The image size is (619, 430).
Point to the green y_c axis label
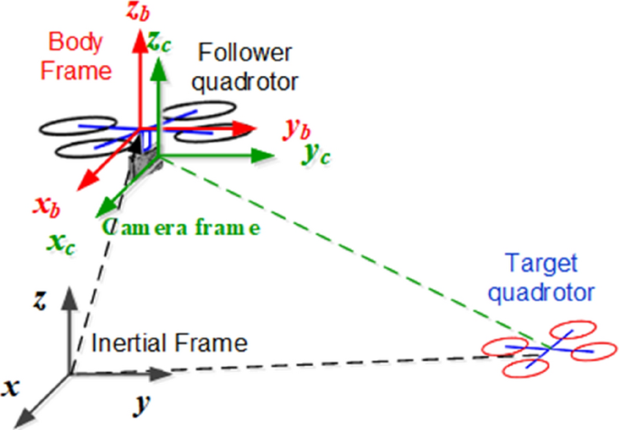click(x=315, y=154)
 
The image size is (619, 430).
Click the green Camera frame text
click(x=181, y=227)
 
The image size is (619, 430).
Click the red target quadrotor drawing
click(x=539, y=349)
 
